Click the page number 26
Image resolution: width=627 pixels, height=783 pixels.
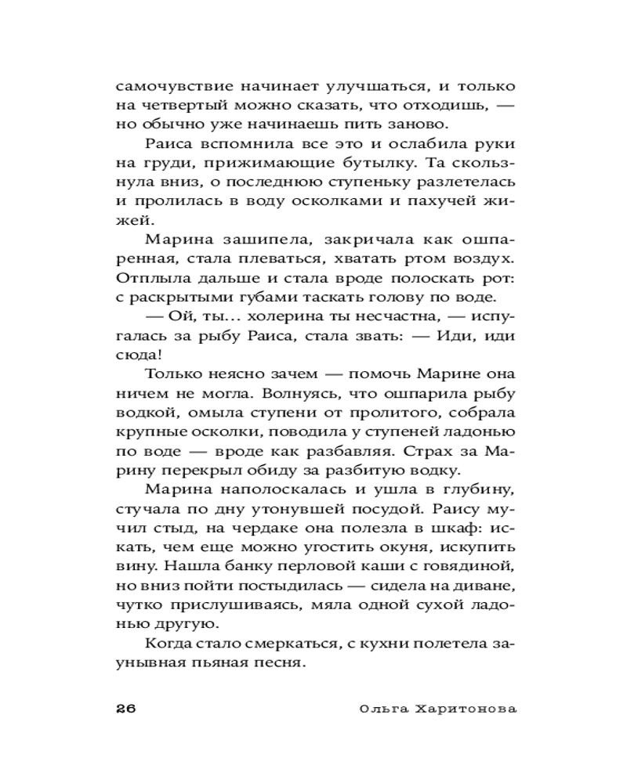125,709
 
